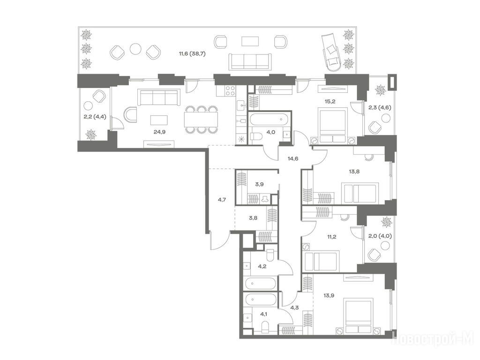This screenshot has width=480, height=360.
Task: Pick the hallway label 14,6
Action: (x=293, y=158)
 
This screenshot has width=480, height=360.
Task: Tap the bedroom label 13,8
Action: (x=354, y=172)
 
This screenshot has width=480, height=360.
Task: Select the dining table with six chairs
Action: (x=201, y=120)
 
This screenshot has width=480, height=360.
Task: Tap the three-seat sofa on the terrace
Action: (x=250, y=61)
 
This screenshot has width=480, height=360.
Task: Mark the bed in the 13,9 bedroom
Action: (x=358, y=316)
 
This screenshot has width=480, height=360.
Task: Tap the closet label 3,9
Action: (x=259, y=184)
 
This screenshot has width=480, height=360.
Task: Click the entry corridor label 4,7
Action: (x=222, y=200)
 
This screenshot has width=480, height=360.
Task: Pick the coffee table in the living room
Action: (x=159, y=120)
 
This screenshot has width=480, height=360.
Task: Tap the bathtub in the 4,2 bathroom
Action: (x=261, y=284)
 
